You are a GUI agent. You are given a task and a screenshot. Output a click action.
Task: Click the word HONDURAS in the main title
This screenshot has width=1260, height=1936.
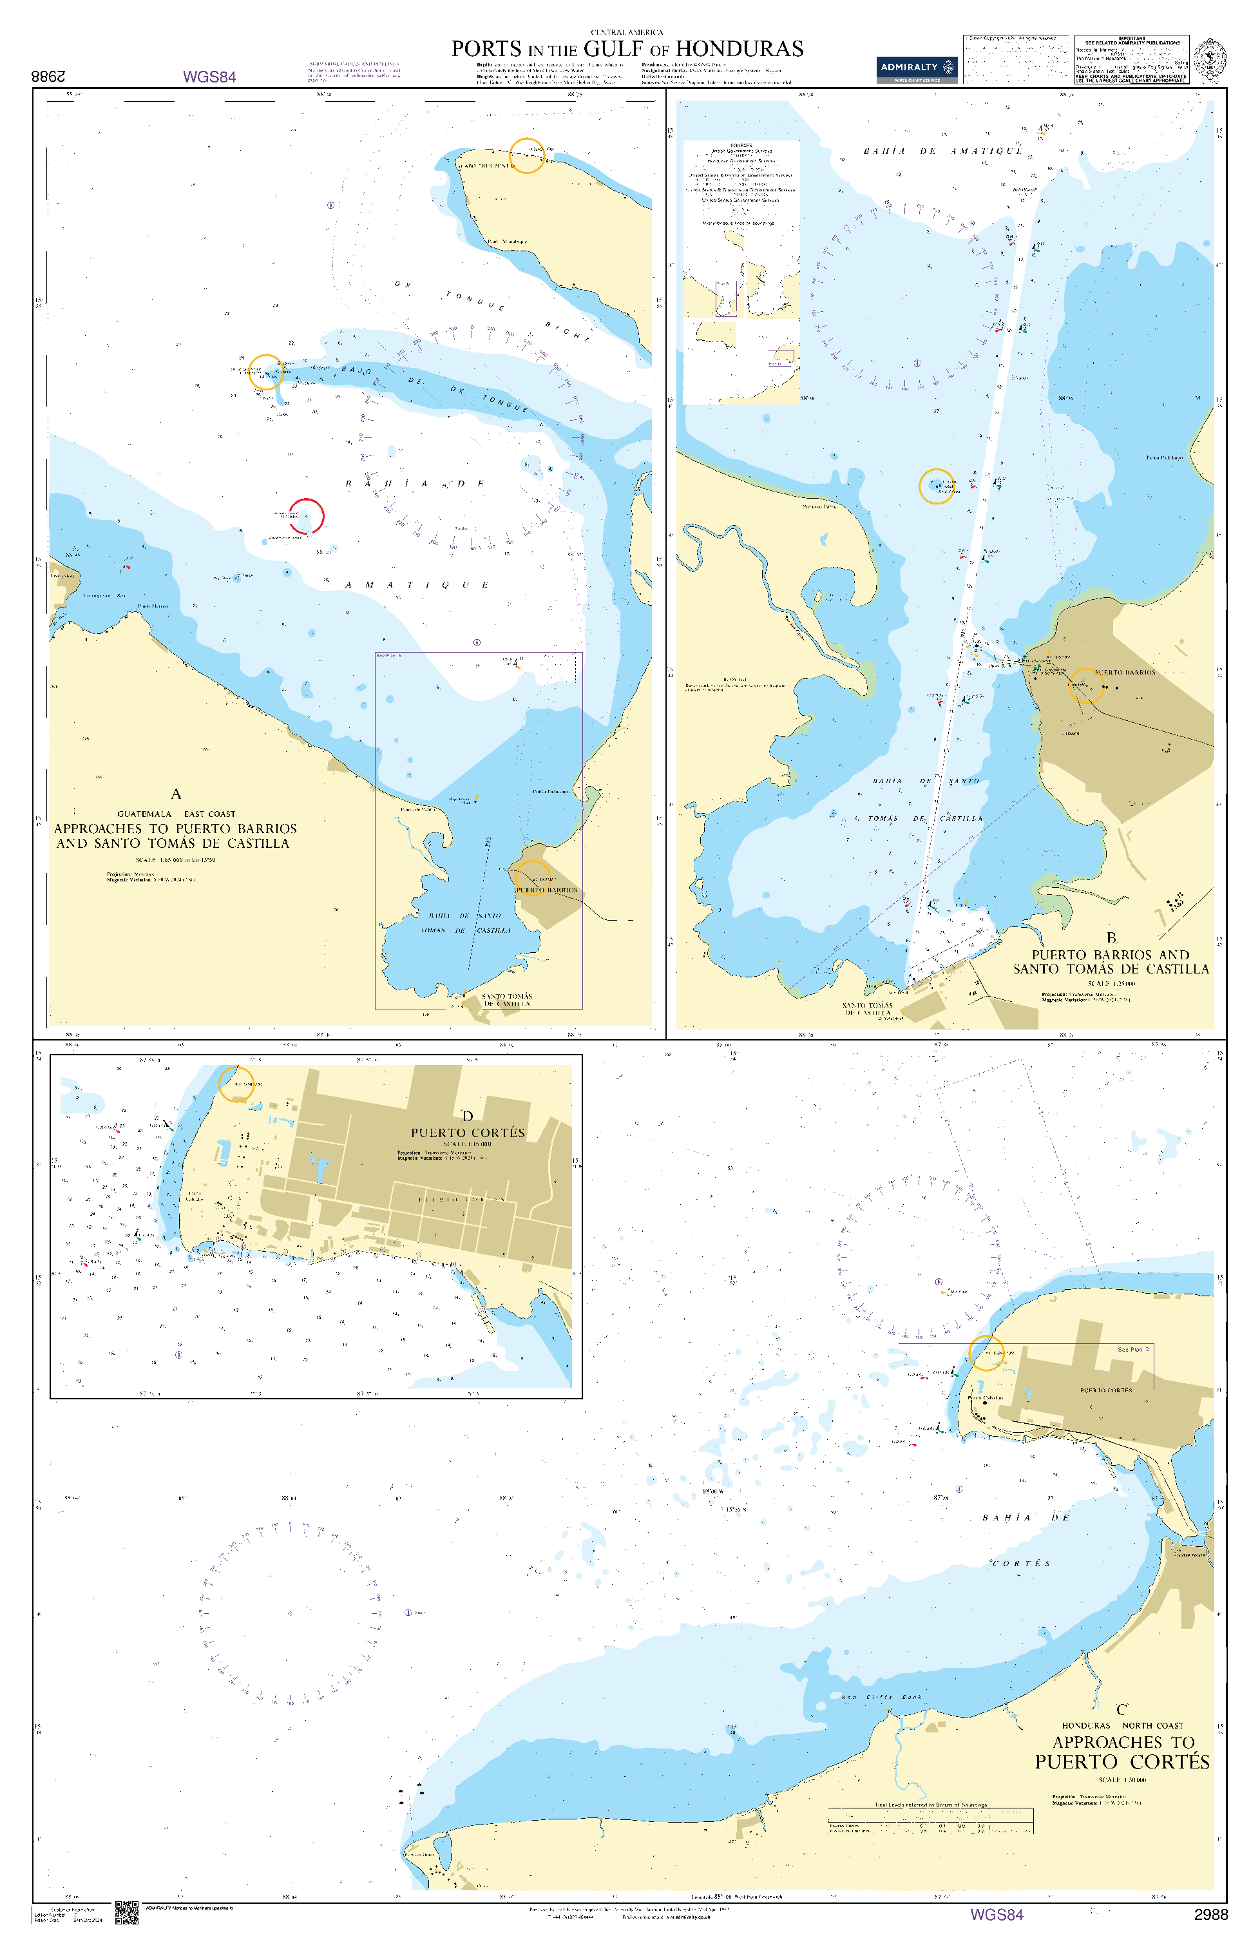[739, 49]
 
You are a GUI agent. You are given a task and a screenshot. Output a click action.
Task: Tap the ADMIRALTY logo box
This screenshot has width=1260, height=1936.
[916, 68]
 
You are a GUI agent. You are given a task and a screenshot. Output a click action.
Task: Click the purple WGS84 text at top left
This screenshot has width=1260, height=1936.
[209, 77]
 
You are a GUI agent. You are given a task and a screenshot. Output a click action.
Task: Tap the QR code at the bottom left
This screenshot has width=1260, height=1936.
[126, 1912]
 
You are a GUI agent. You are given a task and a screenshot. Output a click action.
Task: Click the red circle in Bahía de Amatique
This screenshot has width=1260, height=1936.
[307, 515]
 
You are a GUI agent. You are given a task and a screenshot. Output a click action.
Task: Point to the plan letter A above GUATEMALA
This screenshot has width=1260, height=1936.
[176, 794]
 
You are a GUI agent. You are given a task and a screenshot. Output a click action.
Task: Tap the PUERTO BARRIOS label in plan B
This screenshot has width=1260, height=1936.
[1124, 673]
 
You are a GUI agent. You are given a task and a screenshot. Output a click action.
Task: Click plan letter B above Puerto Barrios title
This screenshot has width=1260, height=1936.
[1111, 938]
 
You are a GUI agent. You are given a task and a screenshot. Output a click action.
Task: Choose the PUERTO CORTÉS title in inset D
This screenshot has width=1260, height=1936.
[468, 1133]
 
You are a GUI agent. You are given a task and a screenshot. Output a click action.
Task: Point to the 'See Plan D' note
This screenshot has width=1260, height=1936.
[1133, 1350]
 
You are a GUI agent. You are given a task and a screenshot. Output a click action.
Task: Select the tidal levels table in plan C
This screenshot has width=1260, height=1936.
[930, 1821]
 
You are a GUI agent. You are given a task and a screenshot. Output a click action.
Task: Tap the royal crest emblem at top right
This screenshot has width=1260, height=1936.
[1210, 59]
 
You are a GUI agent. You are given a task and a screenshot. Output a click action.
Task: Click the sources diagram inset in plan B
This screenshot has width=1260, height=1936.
[741, 273]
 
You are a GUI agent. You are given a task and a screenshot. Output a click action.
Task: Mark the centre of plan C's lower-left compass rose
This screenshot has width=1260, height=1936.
[290, 1613]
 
